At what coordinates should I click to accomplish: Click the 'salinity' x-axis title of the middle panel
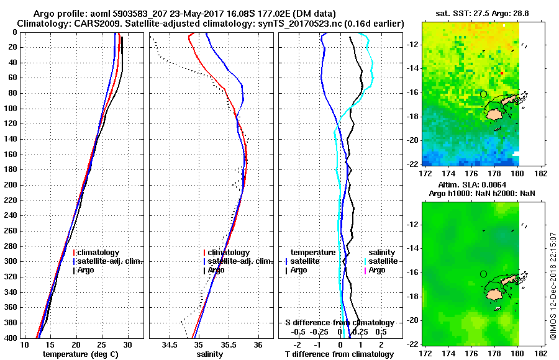[x=211, y=354]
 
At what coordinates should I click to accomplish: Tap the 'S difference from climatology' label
[x=339, y=323]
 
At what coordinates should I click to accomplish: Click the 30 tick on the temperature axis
[x=127, y=344]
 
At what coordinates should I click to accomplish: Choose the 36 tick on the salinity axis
[x=258, y=344]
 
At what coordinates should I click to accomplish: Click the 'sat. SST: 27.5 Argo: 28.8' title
[x=476, y=13]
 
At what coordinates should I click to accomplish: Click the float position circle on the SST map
[x=483, y=94]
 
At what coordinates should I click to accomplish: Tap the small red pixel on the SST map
[x=502, y=73]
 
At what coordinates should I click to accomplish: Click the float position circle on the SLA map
[x=483, y=274]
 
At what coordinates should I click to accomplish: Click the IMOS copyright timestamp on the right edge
[x=552, y=292]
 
